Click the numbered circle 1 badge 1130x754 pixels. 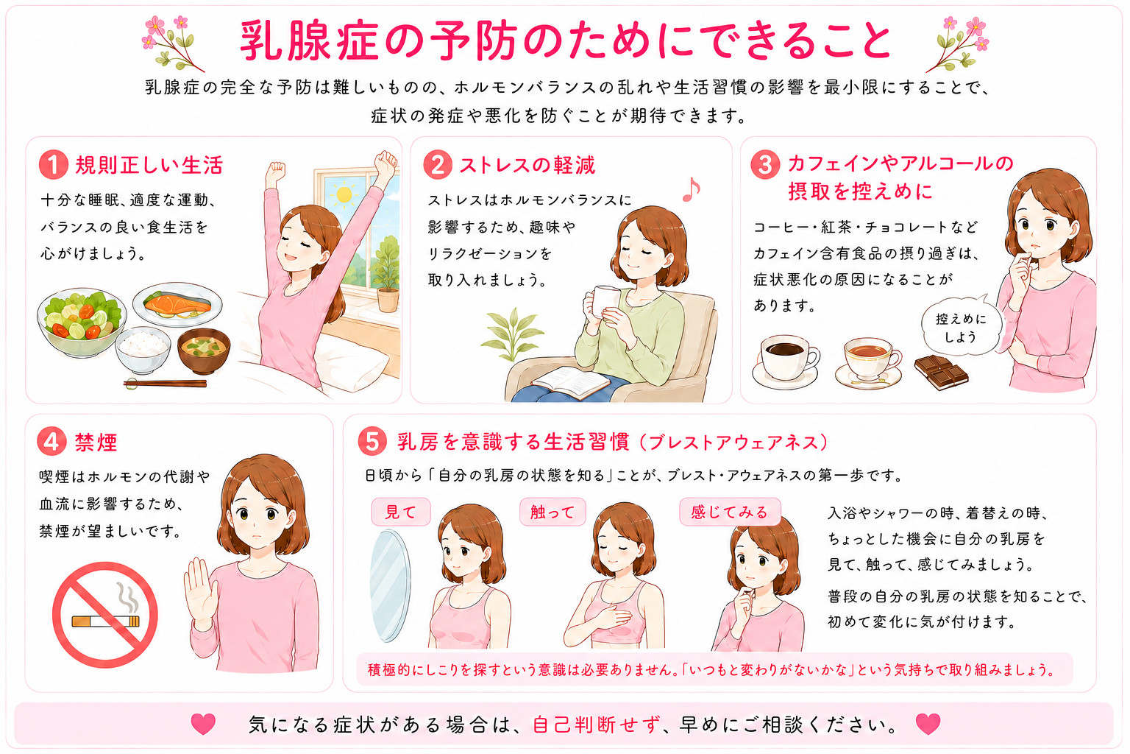point(54,165)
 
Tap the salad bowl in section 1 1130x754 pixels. point(82,323)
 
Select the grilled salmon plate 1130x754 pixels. point(177,305)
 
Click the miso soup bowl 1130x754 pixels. point(204,350)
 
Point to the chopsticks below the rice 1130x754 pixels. point(165,384)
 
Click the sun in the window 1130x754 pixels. point(344,194)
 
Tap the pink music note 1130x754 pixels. point(691,190)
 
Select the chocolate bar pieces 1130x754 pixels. point(942,372)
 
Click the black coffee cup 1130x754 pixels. point(786,361)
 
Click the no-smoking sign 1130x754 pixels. point(105,615)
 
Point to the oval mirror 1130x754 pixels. point(390,585)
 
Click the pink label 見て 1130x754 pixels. point(401,512)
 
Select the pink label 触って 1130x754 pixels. point(553,512)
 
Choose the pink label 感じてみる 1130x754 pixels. point(730,512)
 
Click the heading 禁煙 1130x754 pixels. point(96,443)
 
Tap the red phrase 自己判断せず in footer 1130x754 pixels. point(597,725)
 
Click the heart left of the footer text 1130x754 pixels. point(203,725)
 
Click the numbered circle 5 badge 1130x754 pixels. point(372,441)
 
